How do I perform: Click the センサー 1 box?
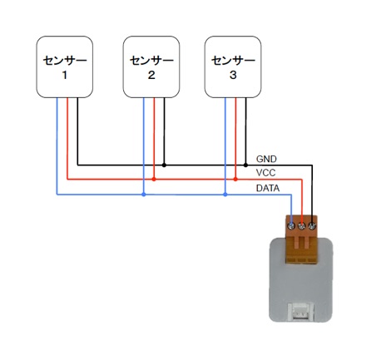[x=65, y=67]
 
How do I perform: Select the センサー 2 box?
[x=151, y=67]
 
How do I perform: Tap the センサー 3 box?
[x=233, y=67]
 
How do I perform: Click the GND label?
[x=266, y=159]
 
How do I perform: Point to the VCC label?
[x=266, y=173]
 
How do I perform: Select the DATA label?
[x=268, y=189]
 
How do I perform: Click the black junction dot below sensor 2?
[x=164, y=165]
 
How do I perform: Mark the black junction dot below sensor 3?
[x=245, y=165]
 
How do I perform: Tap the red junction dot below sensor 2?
[x=154, y=180]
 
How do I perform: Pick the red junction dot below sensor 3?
[x=235, y=180]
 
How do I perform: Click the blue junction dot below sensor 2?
[x=144, y=195]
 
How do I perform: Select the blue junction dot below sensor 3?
[x=225, y=195]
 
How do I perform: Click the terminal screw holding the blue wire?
[x=291, y=226]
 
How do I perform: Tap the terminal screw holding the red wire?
[x=302, y=226]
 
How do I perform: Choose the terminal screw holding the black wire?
[x=312, y=226]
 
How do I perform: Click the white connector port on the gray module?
[x=301, y=312]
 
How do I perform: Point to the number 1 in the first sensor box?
[x=65, y=75]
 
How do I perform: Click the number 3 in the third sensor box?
[x=233, y=75]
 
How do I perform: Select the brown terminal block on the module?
[x=302, y=239]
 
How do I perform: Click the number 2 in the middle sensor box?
[x=151, y=75]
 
